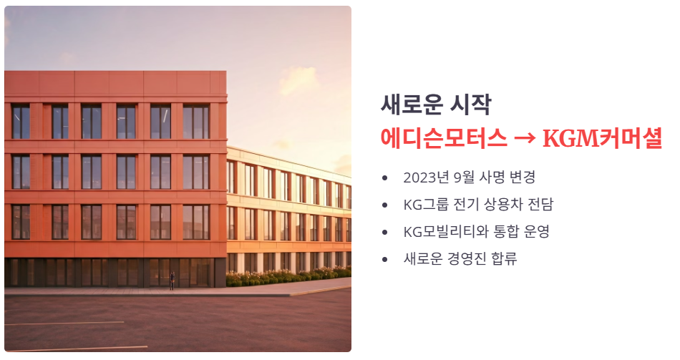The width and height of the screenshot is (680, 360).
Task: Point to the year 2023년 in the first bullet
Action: (x=424, y=177)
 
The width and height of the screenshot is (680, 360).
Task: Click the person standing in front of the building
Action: (x=172, y=282)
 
